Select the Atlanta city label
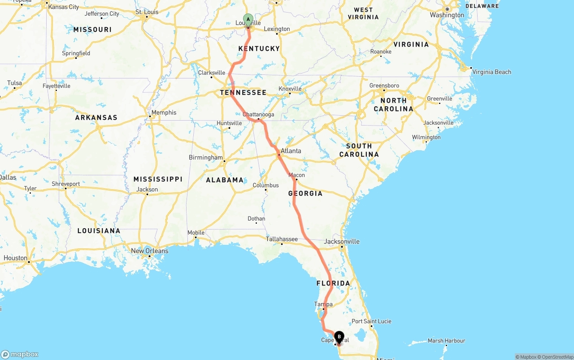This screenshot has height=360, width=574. tap(291, 151)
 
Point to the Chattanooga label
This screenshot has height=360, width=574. tap(258, 114)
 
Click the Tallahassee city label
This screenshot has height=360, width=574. tap(282, 239)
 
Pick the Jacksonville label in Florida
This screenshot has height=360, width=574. tap(342, 241)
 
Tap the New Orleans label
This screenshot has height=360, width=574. tap(150, 251)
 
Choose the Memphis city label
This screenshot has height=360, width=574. tap(164, 113)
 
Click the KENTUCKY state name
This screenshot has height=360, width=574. tap(259, 48)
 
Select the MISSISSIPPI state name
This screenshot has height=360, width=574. tap(158, 179)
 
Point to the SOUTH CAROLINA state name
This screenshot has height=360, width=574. tap(359, 150)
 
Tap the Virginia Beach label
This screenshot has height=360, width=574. tap(491, 72)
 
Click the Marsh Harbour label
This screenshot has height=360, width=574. tap(447, 341)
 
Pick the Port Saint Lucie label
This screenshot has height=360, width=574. tap(371, 321)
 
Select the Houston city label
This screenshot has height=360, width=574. tap(15, 258)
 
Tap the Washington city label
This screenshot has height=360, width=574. tap(447, 15)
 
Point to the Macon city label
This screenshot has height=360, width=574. tap(296, 175)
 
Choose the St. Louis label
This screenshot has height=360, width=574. tap(147, 12)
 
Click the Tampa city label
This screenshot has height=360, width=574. tap(323, 304)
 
